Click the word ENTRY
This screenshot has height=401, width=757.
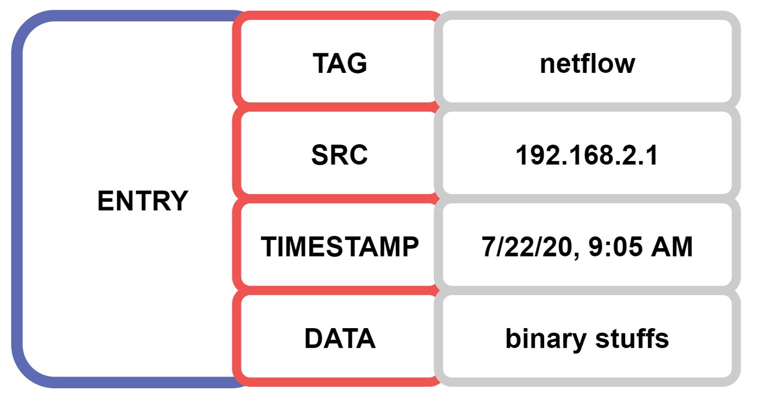[x=143, y=201]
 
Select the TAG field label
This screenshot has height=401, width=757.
[x=340, y=63]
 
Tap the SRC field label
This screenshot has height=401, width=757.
[x=339, y=155]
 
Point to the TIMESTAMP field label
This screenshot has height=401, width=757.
[x=339, y=247]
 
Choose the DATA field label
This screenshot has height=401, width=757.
[x=340, y=338]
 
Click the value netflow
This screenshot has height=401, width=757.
[x=587, y=64]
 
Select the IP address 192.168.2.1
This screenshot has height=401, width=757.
[x=587, y=155]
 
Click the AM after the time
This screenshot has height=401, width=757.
[x=672, y=247]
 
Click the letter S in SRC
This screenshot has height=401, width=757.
[x=320, y=155]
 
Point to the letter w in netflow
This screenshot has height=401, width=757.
[x=624, y=66]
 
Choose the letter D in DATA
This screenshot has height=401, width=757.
[x=314, y=338]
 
